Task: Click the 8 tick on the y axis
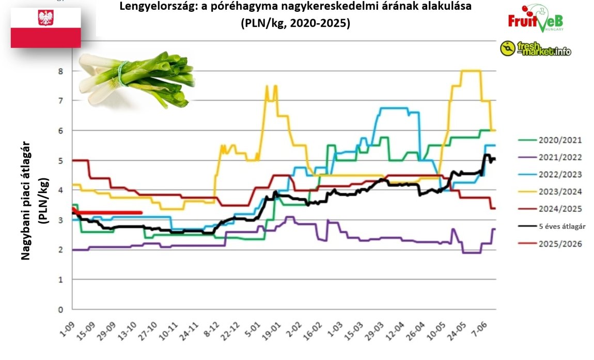(x=60, y=71)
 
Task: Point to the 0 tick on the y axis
(x=60, y=310)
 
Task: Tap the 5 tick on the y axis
(x=60, y=161)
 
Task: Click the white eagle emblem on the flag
(x=45, y=18)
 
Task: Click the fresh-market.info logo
(x=536, y=49)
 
